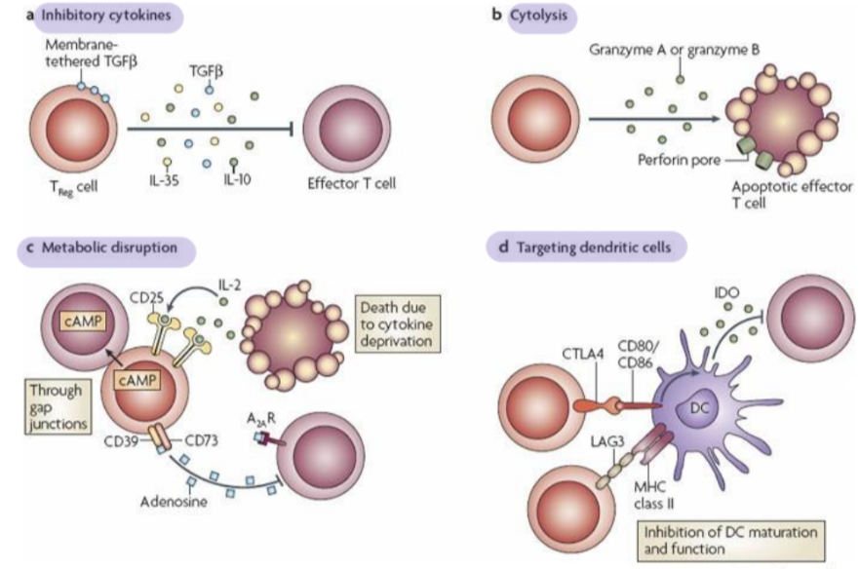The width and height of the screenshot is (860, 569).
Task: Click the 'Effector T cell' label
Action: (x=353, y=183)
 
